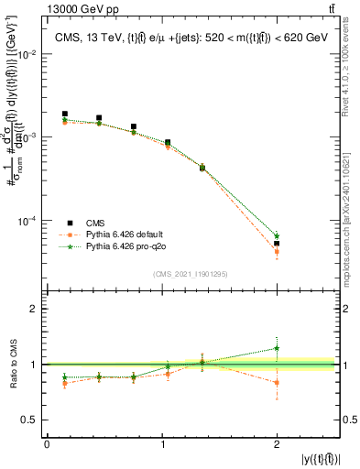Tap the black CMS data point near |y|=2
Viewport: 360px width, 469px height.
point(277,244)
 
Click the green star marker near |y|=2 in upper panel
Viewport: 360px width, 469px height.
point(277,235)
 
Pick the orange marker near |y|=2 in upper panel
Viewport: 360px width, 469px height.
point(277,251)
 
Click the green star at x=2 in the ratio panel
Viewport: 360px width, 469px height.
point(277,348)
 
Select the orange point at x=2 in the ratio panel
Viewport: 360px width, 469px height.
point(277,383)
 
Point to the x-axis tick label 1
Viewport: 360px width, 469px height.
point(162,444)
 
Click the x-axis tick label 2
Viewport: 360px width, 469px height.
point(277,444)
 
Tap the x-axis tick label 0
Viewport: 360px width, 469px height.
point(47,444)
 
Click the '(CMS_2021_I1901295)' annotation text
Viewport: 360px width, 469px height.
point(191,274)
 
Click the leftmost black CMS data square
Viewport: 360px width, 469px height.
point(64,114)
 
